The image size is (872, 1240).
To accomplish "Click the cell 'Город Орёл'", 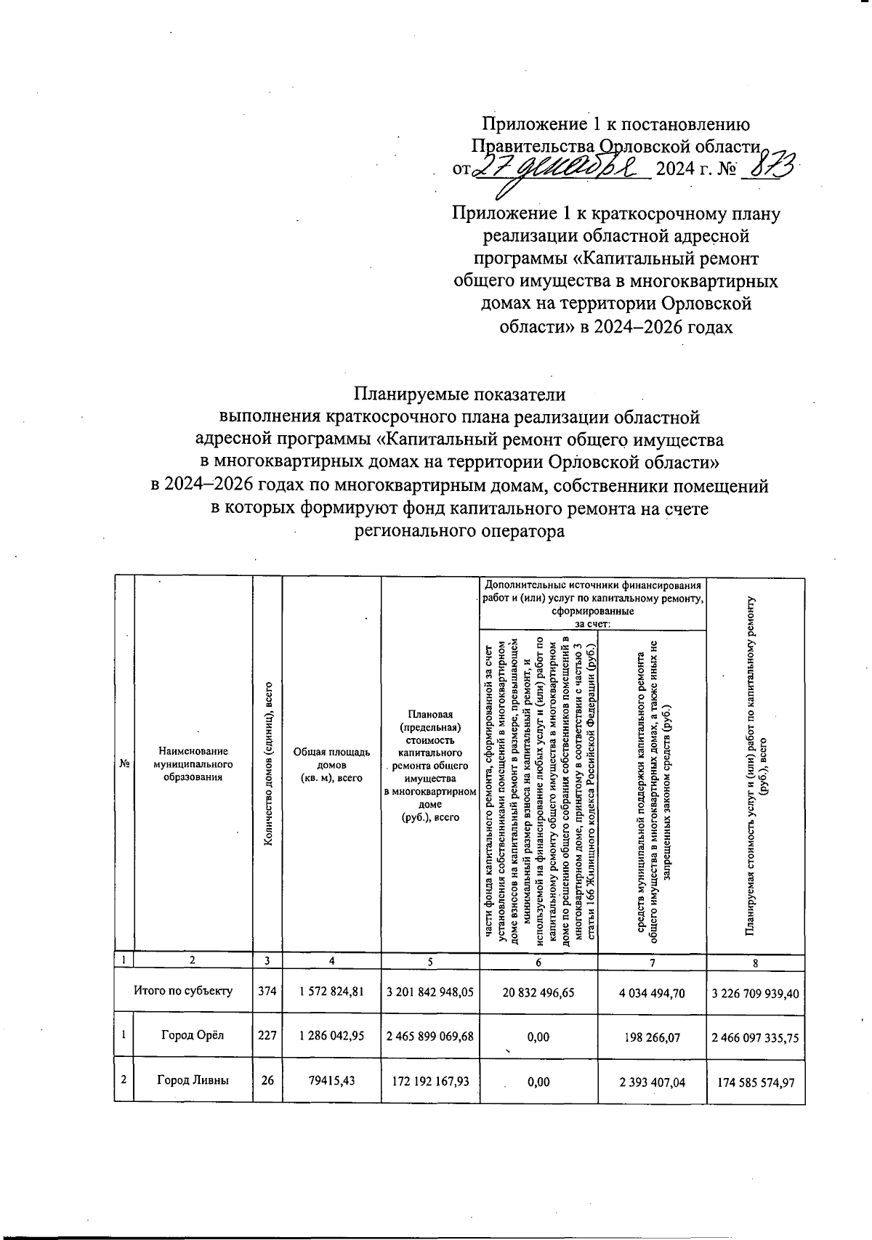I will coord(193,1037).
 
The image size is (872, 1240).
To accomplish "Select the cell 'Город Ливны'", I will coord(193,1080).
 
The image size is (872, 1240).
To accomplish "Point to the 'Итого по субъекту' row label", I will coord(182,990).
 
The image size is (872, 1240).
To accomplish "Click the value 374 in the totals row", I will coord(267,991).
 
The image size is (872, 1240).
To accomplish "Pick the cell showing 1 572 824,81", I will coord(331,991).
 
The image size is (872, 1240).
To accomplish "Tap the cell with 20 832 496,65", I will coord(538,991).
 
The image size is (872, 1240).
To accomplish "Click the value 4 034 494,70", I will coord(652,991).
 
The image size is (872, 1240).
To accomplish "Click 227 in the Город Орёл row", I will coord(267,1037).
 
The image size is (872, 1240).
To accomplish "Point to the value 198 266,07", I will coord(652,1037).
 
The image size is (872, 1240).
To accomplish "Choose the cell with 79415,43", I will coord(331,1081).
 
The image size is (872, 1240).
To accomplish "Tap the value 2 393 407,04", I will coord(652,1082).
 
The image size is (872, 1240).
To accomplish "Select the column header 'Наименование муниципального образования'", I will coord(193,764).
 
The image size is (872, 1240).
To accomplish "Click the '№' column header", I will coord(124,764).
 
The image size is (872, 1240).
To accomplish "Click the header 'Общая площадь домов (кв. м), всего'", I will coord(331,764).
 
